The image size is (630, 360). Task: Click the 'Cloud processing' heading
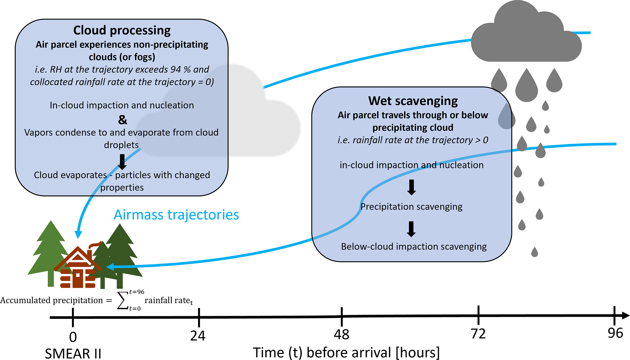pos(122,30)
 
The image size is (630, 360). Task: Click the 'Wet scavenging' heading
pos(413,101)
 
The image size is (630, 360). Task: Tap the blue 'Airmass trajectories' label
pos(176,215)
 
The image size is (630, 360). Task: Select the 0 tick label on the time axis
pos(73,337)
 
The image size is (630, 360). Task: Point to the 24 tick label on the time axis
pos(198,336)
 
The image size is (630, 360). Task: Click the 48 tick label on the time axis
pos(341,335)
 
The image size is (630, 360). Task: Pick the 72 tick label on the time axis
pos(478,334)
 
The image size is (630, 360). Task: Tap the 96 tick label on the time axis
pos(615,333)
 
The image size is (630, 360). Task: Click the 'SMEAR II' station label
pos(73,354)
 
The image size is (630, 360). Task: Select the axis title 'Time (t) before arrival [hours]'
pos(347,353)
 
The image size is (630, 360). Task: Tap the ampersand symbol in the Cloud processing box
pos(123,119)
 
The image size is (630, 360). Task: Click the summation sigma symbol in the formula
pos(123,300)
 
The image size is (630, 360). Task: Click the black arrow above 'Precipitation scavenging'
pos(411,187)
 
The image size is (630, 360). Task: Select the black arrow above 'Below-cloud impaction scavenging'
pos(411,229)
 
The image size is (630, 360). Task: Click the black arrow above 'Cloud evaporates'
pos(122,162)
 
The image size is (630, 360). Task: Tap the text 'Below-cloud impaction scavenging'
pos(414,246)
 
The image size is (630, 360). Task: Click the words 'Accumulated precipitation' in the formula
pos(52,300)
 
